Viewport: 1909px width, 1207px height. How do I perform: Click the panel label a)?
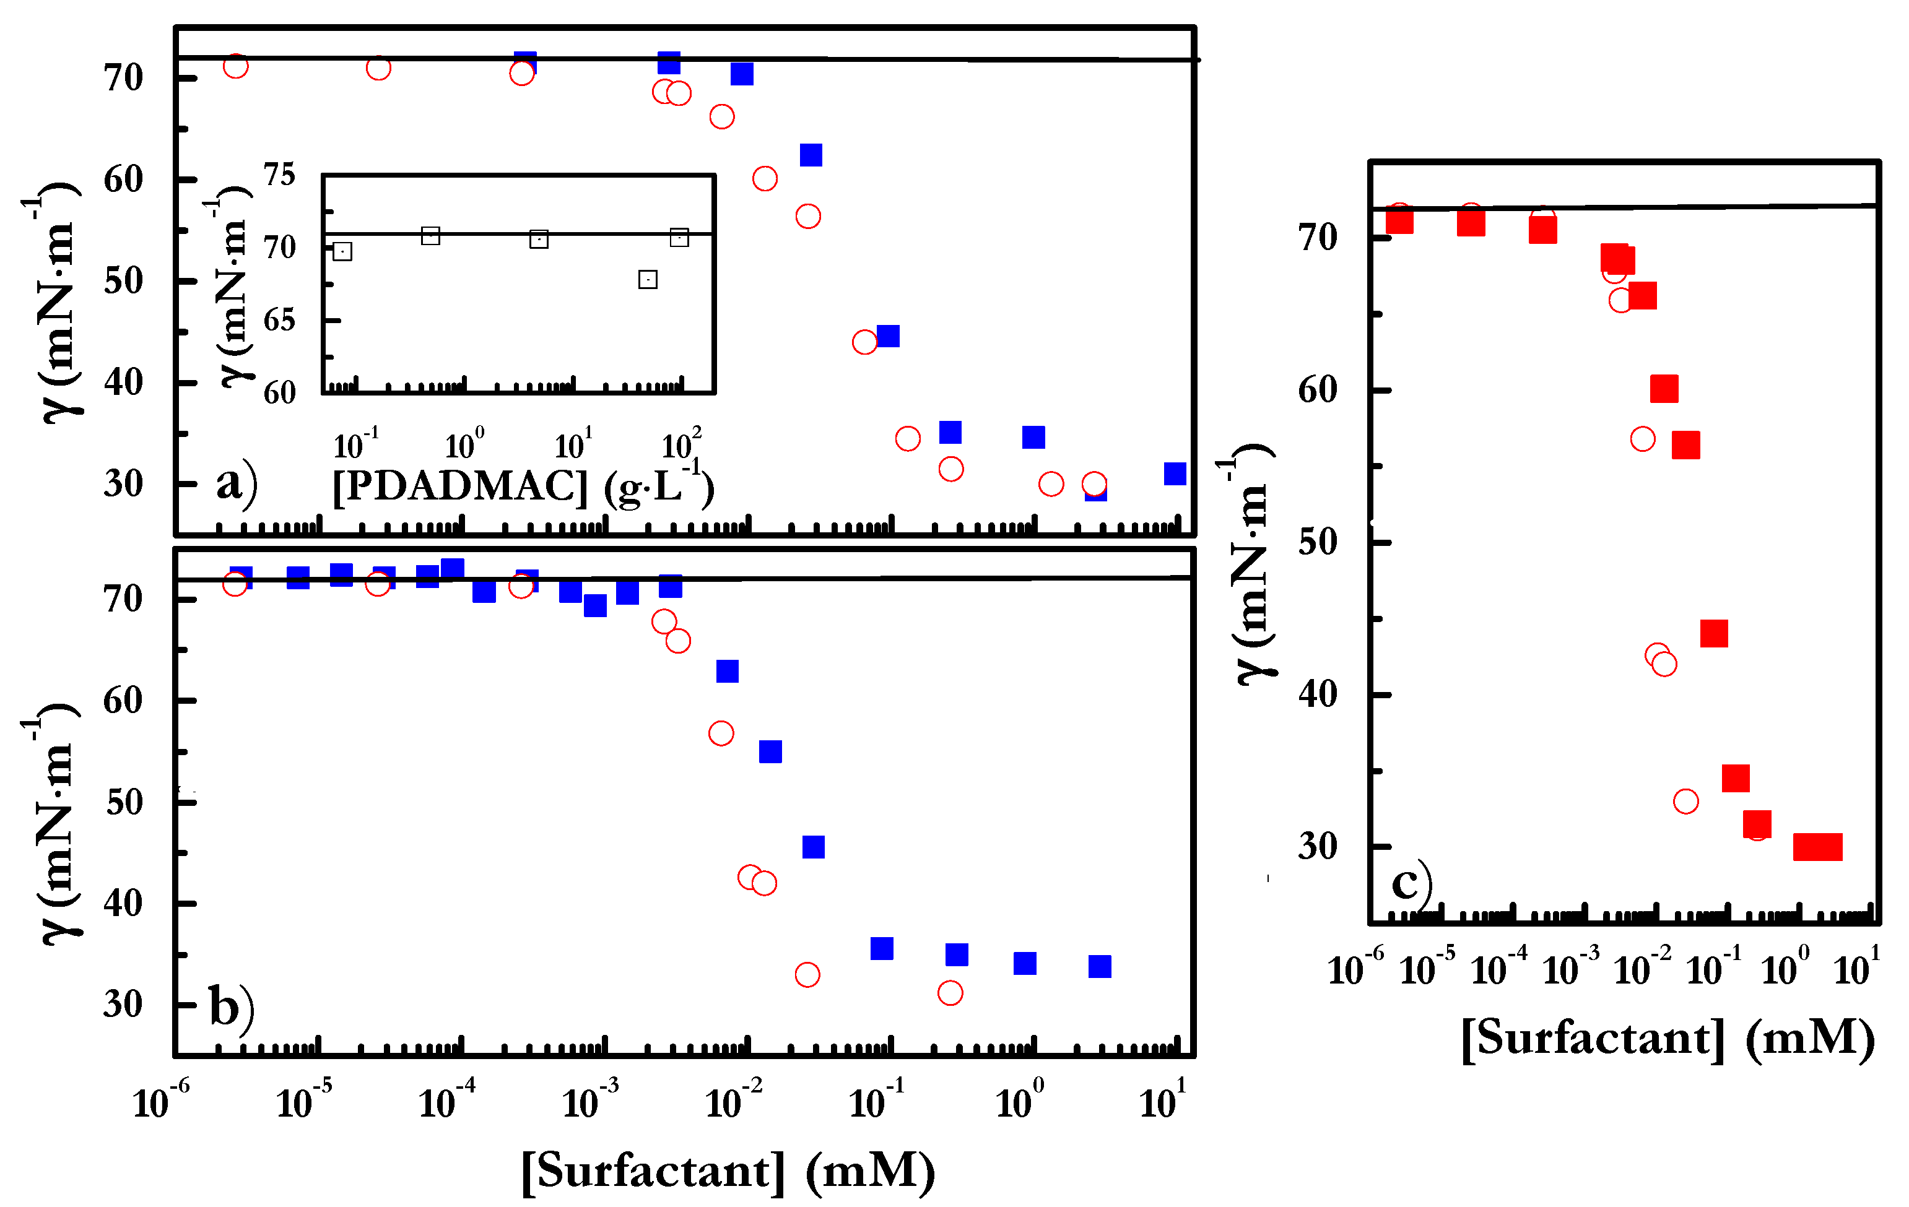click(235, 481)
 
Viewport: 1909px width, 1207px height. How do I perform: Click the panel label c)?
click(1411, 882)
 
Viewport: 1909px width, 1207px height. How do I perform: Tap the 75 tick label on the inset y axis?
click(279, 175)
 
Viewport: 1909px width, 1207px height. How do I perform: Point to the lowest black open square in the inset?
click(647, 279)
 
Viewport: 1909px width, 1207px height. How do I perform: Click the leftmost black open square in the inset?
click(342, 251)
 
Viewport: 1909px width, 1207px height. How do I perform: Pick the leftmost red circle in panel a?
click(235, 66)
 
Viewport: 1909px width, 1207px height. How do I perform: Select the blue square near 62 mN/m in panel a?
click(810, 155)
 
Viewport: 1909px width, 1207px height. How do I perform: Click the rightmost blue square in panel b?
click(1099, 966)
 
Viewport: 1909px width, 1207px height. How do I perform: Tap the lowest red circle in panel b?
click(950, 992)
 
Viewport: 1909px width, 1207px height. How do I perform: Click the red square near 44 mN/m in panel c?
click(1713, 633)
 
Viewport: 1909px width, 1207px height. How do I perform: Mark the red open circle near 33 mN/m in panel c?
click(1685, 801)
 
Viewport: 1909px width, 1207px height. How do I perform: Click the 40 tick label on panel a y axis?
click(123, 382)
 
